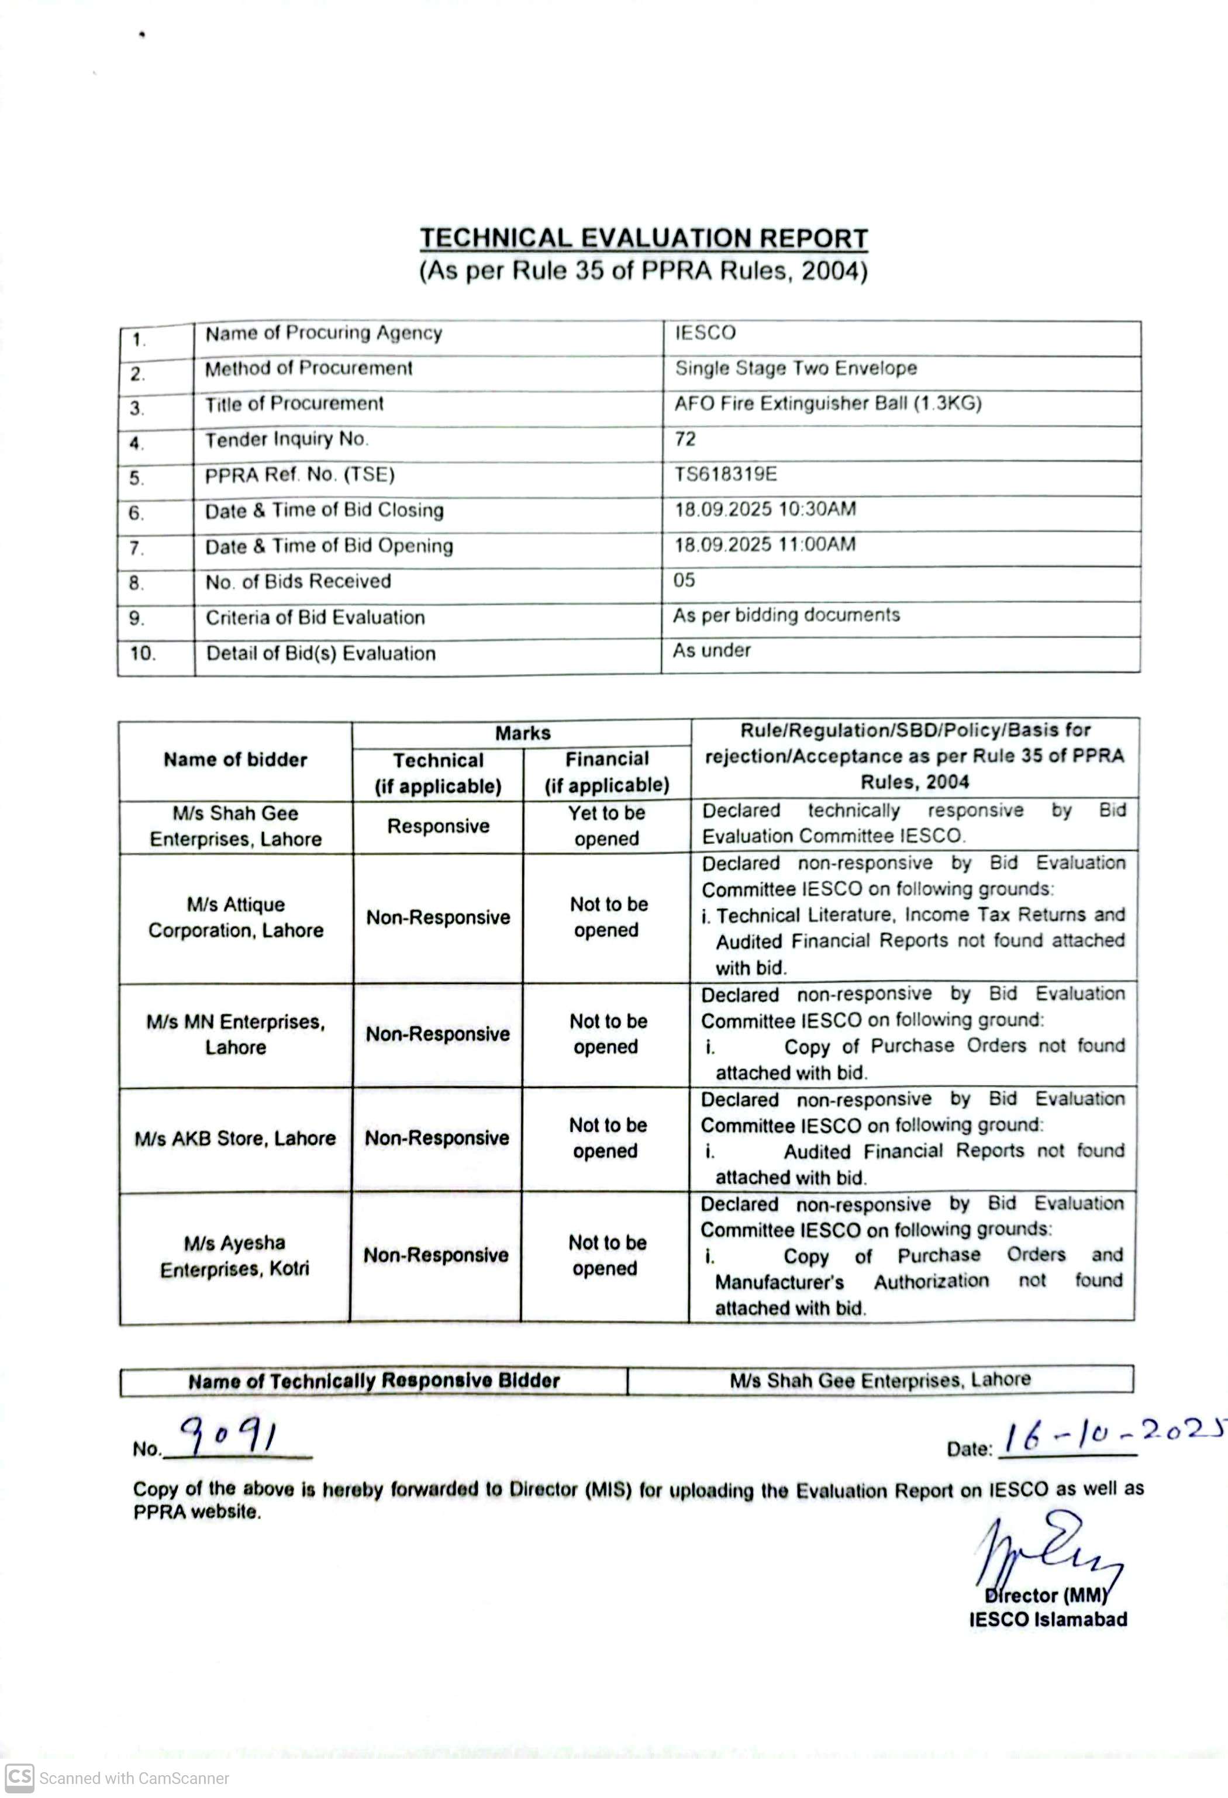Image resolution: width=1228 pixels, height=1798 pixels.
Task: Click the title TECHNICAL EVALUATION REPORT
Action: point(643,237)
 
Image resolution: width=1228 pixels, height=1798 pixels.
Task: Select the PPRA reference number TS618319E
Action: point(725,474)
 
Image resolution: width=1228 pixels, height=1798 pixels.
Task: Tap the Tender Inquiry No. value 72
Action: point(685,439)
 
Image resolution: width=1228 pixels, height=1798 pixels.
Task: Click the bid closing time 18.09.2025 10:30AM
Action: point(764,509)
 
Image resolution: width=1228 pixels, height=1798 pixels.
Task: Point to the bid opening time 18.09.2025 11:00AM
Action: point(764,544)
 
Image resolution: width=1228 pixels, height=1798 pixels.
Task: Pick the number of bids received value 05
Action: point(684,579)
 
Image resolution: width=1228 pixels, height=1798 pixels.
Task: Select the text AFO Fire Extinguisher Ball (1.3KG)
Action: point(827,403)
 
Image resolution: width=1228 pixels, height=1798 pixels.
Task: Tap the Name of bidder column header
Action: point(235,760)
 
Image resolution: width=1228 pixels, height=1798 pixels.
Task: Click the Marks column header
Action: point(522,733)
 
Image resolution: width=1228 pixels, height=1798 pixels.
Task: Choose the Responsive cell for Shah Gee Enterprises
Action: point(438,826)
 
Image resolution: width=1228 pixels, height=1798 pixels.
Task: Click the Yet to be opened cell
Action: point(606,826)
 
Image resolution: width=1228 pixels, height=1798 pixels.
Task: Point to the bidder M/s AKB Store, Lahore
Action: point(235,1138)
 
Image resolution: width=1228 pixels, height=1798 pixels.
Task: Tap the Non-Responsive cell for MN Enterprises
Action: point(438,1034)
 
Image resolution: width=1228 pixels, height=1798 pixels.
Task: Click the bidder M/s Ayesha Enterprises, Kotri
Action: point(235,1255)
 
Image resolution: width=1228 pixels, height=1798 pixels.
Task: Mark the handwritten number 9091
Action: point(229,1436)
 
